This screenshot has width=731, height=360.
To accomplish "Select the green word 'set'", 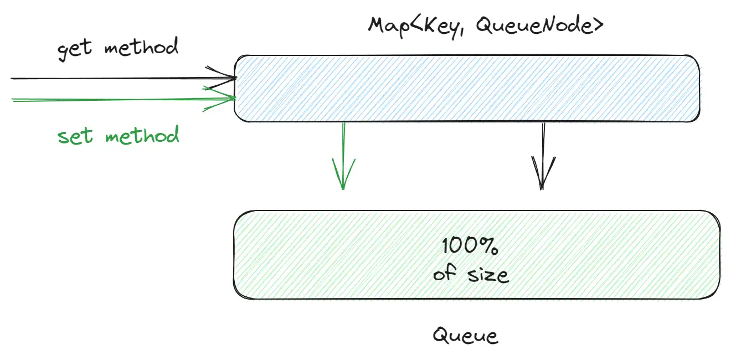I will pyautogui.click(x=75, y=136).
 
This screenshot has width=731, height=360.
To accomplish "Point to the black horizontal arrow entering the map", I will pyautogui.click(x=111, y=78).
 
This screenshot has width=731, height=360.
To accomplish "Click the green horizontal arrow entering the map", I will pyautogui.click(x=111, y=99).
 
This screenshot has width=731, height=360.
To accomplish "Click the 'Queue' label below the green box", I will pyautogui.click(x=465, y=336).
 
